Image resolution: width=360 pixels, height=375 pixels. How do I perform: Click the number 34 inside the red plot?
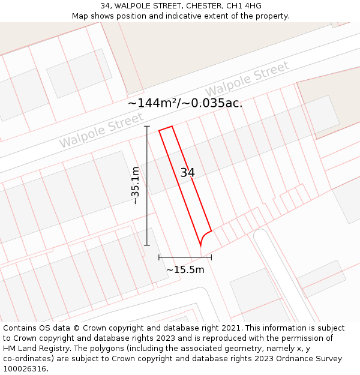[x=188, y=173]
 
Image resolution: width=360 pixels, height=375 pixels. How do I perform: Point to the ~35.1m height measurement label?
[x=136, y=185]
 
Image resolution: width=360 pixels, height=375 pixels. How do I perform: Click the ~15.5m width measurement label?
[x=185, y=270]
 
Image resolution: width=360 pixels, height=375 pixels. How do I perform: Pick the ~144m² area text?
[x=152, y=103]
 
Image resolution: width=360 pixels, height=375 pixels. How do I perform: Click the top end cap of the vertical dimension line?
[x=147, y=127]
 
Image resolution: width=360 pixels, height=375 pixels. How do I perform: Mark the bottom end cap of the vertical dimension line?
[x=147, y=245]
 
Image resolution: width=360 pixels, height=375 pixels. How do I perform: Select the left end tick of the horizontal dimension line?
[x=159, y=257]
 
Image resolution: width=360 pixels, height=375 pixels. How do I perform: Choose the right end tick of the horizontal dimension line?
[x=211, y=257]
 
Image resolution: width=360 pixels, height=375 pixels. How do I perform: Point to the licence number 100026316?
[x=25, y=369]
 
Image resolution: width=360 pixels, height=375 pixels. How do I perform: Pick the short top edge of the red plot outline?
[x=166, y=128]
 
